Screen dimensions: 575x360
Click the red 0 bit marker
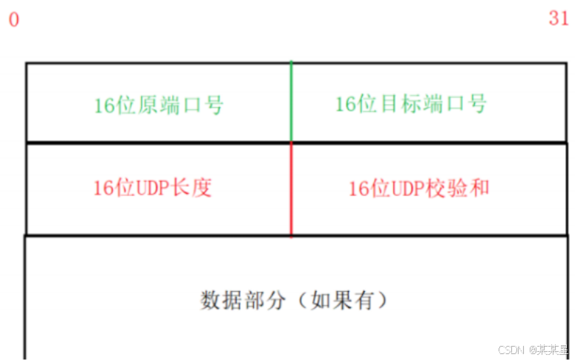[x=13, y=19]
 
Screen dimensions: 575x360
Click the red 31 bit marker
[x=559, y=19]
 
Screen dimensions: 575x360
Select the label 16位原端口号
[x=158, y=105]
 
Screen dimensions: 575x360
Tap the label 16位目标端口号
[x=410, y=104]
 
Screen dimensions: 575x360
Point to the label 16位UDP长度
[x=152, y=188]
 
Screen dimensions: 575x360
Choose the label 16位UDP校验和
[x=418, y=189]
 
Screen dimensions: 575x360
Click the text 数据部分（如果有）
[x=294, y=301]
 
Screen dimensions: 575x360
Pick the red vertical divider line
[x=291, y=189]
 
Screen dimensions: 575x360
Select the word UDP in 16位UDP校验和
[x=408, y=189]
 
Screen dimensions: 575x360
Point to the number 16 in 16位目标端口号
[x=345, y=104]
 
